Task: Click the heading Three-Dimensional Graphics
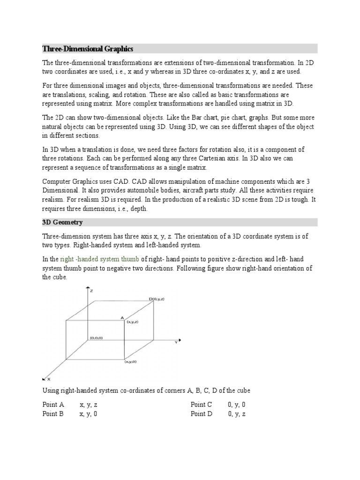pos(88,49)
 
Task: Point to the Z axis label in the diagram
pos(91,291)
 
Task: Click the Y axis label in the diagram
pos(176,343)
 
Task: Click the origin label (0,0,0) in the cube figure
pos(97,338)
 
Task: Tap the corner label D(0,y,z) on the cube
pos(157,299)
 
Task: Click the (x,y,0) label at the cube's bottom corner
pos(131,362)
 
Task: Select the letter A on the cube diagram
pos(122,318)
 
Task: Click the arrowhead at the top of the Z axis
pos(87,289)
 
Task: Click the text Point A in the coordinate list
pos(53,405)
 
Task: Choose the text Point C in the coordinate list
pos(202,405)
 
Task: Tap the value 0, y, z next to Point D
pos(237,414)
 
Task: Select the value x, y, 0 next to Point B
pos(89,414)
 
